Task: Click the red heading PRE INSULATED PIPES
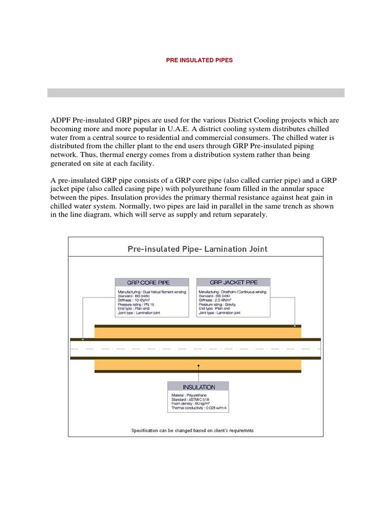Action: pyautogui.click(x=199, y=60)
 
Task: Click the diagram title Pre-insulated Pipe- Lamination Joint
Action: pyautogui.click(x=197, y=249)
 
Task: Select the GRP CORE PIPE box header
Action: pyautogui.click(x=149, y=282)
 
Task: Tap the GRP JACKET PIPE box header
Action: pyautogui.click(x=233, y=282)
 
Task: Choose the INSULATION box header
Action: pyautogui.click(x=198, y=387)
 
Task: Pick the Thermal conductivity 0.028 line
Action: pyautogui.click(x=199, y=408)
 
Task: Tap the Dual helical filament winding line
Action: pyautogui.click(x=152, y=291)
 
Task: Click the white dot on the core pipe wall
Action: pyautogui.click(x=83, y=339)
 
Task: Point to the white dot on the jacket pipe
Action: pyautogui.click(x=295, y=325)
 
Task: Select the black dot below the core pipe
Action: pyautogui.click(x=198, y=366)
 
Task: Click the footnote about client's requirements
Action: pyautogui.click(x=192, y=430)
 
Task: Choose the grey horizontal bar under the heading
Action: pyautogui.click(x=196, y=92)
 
